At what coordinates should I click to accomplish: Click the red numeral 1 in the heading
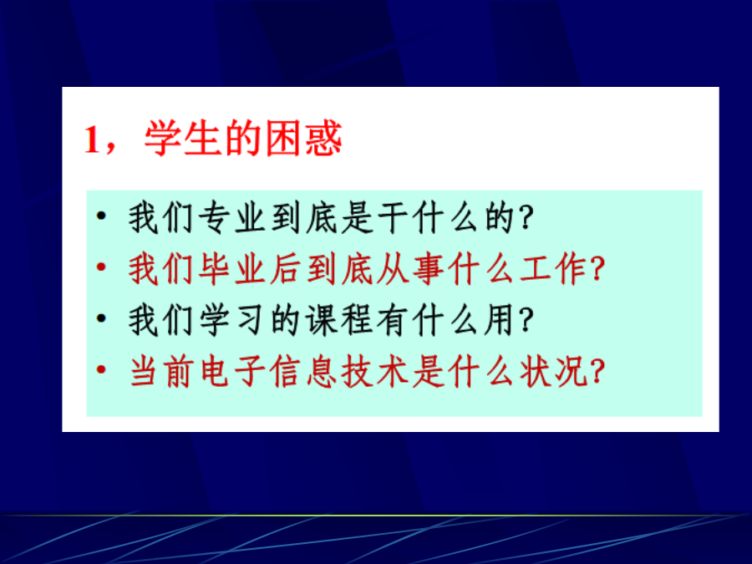(x=92, y=139)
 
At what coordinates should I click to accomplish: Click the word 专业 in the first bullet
(x=231, y=218)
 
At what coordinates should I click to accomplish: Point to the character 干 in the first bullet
(x=394, y=218)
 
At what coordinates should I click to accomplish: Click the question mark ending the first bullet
(x=526, y=219)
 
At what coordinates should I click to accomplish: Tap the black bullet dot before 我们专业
(x=101, y=216)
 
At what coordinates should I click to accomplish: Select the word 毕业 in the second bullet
(x=231, y=269)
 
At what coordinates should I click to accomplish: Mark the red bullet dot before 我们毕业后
(x=101, y=267)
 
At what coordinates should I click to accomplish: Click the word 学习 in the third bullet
(x=231, y=320)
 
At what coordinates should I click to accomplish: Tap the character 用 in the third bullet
(x=499, y=320)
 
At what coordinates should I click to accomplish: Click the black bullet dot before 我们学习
(x=101, y=318)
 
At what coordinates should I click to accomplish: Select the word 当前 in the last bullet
(x=160, y=371)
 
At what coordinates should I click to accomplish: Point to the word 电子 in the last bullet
(x=231, y=371)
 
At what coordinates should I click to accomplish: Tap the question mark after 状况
(x=597, y=372)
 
